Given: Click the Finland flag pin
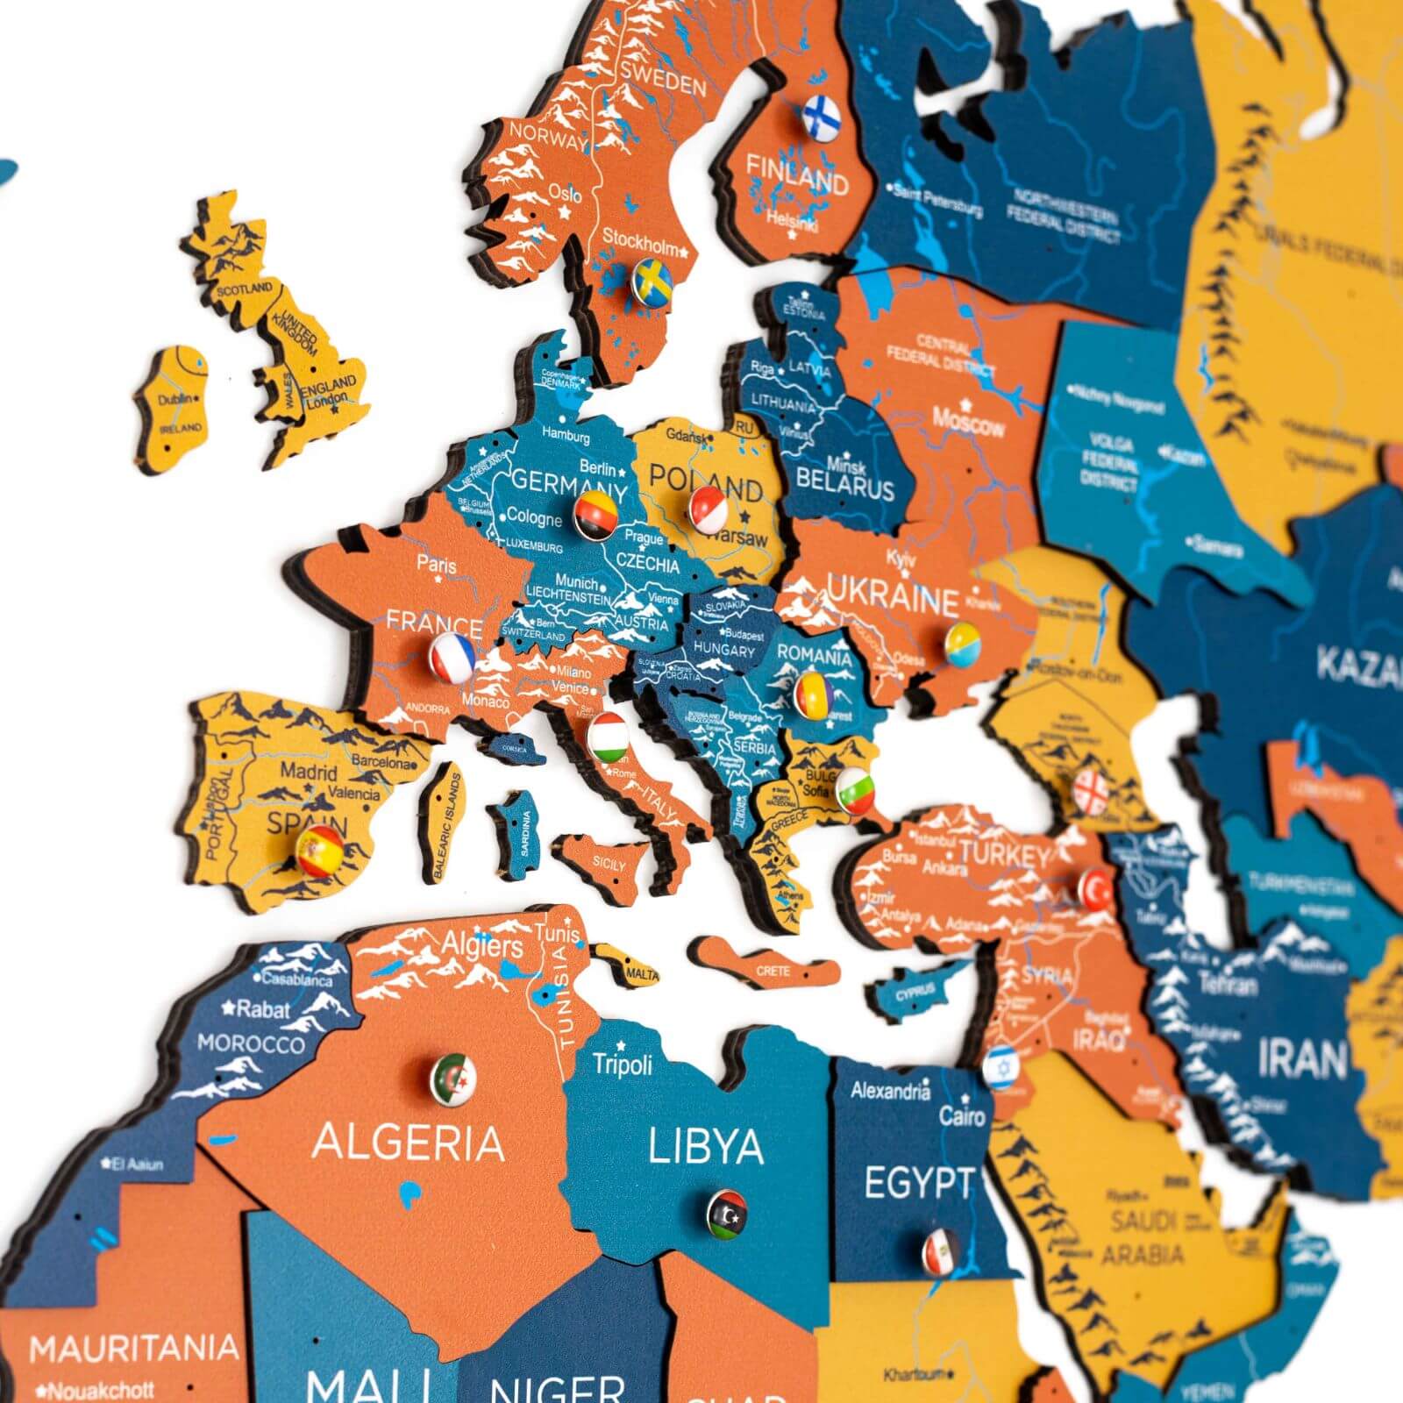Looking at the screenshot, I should (x=821, y=116).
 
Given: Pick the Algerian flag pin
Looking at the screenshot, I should (x=453, y=1079).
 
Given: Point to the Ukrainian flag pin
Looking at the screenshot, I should (x=963, y=645).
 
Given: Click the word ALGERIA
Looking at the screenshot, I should (x=409, y=1143).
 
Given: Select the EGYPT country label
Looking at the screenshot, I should (x=918, y=1184).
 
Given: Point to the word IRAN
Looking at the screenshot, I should (x=1301, y=1060).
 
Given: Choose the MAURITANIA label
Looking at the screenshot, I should (x=134, y=1348).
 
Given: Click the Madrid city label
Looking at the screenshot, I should (x=309, y=772).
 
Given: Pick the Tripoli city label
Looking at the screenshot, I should (x=623, y=1065).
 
